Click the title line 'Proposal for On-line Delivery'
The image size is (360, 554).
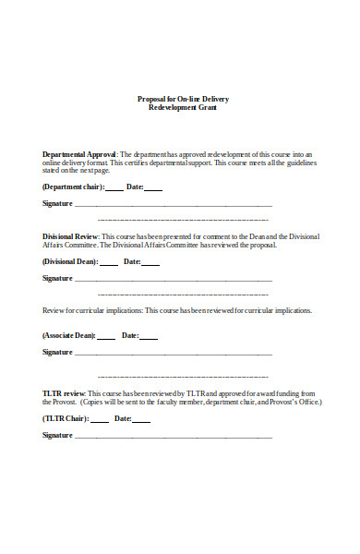coord(183,99)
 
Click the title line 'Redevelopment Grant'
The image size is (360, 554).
coord(183,107)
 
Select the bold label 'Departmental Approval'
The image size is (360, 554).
coord(79,153)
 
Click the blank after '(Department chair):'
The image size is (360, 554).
coord(114,188)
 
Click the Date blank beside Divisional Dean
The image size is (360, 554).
coord(150,263)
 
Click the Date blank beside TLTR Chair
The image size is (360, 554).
coord(141,420)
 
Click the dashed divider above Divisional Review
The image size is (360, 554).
coord(183,220)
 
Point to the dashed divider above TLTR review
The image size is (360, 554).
coord(183,377)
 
